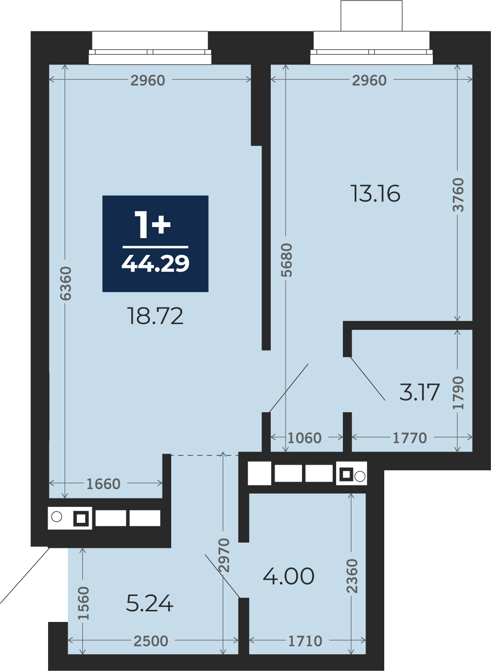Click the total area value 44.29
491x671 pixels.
point(155,264)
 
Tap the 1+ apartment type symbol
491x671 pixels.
point(152,224)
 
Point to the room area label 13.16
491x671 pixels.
point(375,194)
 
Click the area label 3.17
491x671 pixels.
point(419,392)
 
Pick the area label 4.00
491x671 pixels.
point(289,576)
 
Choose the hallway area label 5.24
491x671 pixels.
point(150,604)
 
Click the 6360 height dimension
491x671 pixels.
point(65,283)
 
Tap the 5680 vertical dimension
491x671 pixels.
point(287,260)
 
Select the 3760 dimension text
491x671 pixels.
point(458,195)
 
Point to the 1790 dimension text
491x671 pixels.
point(458,392)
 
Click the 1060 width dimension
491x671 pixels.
point(305,438)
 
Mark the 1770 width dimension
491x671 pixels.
point(410,438)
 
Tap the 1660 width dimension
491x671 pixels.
point(103,484)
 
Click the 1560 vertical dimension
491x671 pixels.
point(83,603)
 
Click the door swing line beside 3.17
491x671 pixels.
point(367,379)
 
